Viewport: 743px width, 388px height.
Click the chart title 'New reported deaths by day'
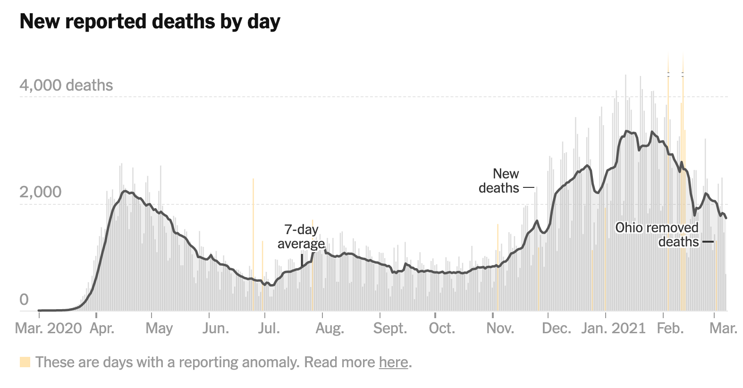coord(150,22)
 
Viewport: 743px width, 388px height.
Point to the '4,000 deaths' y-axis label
coord(66,85)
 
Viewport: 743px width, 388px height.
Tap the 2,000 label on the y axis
coord(41,192)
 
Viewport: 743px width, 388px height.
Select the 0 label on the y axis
coord(24,300)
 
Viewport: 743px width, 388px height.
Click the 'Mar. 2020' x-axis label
coord(49,328)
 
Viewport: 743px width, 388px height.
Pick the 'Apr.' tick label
coord(102,328)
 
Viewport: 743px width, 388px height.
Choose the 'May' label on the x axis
coord(159,328)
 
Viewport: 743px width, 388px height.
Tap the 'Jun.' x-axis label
coord(216,328)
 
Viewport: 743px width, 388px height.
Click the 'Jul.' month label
coord(269,328)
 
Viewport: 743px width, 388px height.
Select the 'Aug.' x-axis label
coord(329,328)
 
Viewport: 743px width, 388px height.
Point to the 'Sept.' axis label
coord(390,328)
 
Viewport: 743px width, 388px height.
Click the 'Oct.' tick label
coord(442,328)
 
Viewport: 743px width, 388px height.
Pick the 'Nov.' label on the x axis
coord(500,328)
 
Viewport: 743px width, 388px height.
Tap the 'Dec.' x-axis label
coord(557,328)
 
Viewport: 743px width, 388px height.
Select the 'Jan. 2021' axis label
coord(613,328)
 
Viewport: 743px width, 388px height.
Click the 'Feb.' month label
coord(670,328)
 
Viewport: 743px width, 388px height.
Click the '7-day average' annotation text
coord(301,236)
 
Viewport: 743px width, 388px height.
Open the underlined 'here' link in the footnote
coord(393,362)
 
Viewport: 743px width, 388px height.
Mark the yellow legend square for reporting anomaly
coord(25,362)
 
